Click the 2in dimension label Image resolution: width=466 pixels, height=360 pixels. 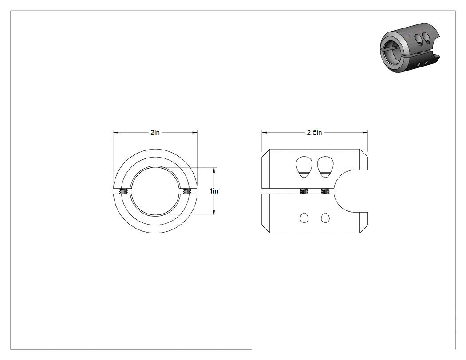pyautogui.click(x=155, y=132)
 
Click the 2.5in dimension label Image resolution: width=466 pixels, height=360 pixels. pyautogui.click(x=314, y=132)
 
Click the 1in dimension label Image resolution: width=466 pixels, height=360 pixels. pyautogui.click(x=213, y=191)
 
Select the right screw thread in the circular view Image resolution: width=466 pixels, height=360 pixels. pyautogui.click(x=187, y=191)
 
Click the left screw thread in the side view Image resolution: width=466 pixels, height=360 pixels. pyautogui.click(x=304, y=191)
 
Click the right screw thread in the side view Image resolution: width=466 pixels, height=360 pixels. pyautogui.click(x=325, y=191)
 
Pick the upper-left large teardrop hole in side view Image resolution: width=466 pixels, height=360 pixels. pyautogui.click(x=304, y=167)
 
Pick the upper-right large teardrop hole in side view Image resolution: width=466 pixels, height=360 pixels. pyautogui.click(x=325, y=167)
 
